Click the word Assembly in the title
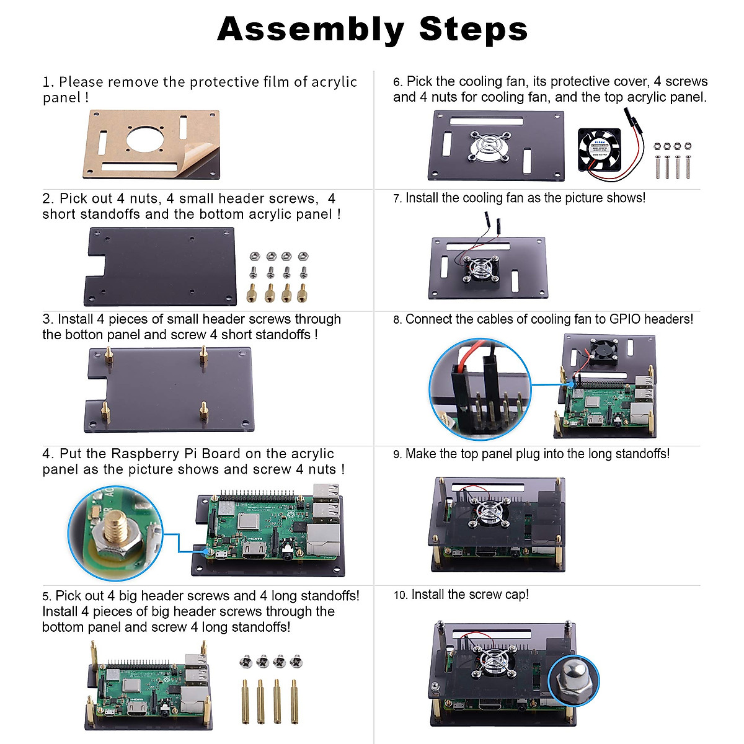click(311, 29)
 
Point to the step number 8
click(397, 320)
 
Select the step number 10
click(400, 595)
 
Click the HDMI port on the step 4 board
click(254, 550)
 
